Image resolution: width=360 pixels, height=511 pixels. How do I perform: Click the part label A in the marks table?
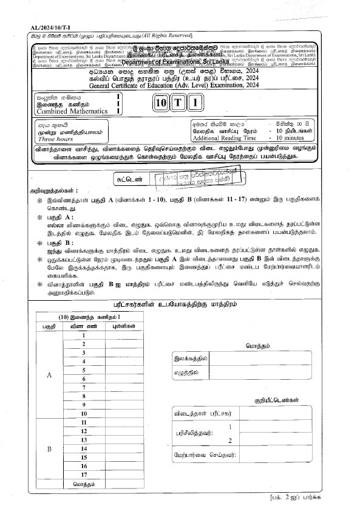coord(49,374)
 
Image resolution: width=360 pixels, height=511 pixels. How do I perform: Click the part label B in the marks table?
coord(49,448)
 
